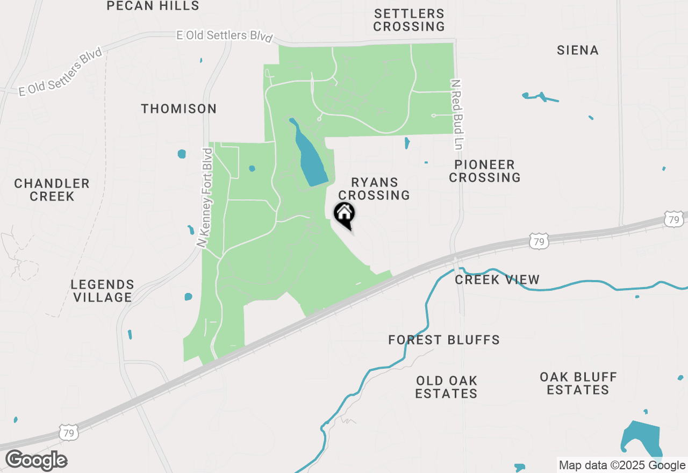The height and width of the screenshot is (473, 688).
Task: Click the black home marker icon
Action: coord(345,214)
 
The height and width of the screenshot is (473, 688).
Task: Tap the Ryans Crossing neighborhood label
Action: coord(374,189)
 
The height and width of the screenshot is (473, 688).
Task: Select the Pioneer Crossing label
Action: coord(485,171)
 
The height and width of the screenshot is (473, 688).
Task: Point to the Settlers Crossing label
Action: coord(409,20)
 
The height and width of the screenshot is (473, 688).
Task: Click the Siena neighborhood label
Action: coord(578,51)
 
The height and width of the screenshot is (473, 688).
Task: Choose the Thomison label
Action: coord(179,109)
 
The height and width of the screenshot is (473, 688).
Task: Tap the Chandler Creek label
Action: coord(52,190)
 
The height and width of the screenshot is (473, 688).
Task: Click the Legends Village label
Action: coord(102,291)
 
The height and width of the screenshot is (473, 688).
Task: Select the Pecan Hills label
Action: coord(153,6)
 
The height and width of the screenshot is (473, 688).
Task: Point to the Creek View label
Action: coord(497,279)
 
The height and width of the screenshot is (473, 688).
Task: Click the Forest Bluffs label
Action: coord(444,340)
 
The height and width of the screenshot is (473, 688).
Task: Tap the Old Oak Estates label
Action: coord(446,387)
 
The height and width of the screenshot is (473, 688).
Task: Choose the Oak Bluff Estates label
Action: coord(578,383)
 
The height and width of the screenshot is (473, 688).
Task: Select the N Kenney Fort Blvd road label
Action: coord(206,197)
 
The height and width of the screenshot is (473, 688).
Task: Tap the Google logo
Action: coord(36,461)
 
